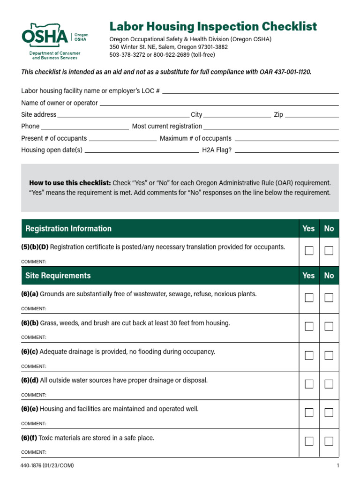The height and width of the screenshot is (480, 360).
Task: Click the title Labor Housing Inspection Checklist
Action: pyautogui.click(x=213, y=26)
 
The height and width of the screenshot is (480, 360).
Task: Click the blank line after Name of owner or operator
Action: pyautogui.click(x=219, y=103)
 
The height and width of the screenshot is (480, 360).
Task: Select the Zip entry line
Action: pyautogui.click(x=312, y=115)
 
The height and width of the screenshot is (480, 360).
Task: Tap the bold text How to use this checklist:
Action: pyautogui.click(x=70, y=183)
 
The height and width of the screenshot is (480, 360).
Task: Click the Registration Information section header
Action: pyautogui.click(x=68, y=229)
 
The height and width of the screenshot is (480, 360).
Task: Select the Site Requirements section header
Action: pyautogui.click(x=58, y=276)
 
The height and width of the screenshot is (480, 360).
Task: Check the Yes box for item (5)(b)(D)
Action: pyautogui.click(x=309, y=251)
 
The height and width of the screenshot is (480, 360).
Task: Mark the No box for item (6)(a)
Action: pyautogui.click(x=329, y=298)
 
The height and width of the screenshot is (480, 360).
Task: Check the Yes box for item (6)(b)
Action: pyautogui.click(x=309, y=326)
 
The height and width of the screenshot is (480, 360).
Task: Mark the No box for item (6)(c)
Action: pyautogui.click(x=329, y=355)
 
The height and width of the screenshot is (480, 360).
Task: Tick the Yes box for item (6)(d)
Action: pyautogui.click(x=309, y=384)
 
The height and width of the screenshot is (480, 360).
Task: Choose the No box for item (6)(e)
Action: pyautogui.click(x=329, y=412)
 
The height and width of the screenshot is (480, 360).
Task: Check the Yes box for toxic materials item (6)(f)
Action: pyautogui.click(x=309, y=441)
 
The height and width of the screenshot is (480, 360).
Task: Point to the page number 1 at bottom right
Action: pyautogui.click(x=337, y=465)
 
